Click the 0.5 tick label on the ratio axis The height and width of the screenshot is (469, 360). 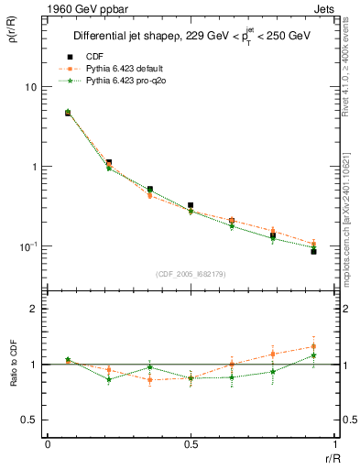tap(30, 420)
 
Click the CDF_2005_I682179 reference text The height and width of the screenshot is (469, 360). tap(189, 274)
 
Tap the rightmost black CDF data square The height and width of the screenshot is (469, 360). tap(313, 251)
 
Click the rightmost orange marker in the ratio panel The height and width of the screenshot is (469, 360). tap(313, 346)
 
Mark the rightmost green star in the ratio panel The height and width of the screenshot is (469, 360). tap(313, 355)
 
